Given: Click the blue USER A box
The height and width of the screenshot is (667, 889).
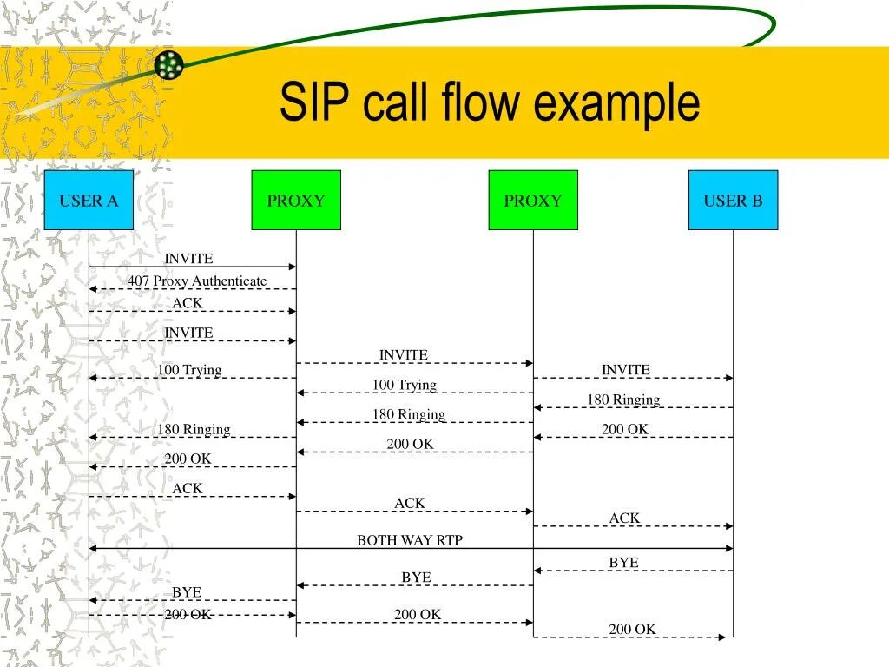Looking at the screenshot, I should coord(89,201).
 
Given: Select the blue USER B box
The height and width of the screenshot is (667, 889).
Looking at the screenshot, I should coord(733,201).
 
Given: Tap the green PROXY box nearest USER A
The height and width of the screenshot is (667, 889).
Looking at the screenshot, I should coord(296,201).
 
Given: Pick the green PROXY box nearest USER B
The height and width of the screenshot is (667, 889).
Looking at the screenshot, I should coord(533,201).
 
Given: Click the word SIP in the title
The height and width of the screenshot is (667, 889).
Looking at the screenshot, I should coord(316,102).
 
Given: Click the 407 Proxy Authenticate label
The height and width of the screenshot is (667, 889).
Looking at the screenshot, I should coord(197,281).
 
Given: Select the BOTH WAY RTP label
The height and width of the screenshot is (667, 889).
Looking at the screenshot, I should coord(410,540).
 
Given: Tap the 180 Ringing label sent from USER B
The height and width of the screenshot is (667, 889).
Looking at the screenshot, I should coord(623,400).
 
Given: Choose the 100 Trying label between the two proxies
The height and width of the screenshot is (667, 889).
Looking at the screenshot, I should coord(405,385).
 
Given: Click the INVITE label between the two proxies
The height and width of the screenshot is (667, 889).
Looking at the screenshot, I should coord(404,355).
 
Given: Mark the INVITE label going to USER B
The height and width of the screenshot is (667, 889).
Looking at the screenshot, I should coord(626,370).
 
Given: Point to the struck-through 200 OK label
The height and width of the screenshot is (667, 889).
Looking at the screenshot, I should coord(188,614).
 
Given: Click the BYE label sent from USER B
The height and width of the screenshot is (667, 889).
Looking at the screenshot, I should coord(623,563).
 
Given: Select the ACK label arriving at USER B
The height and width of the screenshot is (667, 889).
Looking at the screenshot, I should coord(624,518).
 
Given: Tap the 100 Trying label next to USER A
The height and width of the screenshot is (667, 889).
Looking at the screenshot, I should coord(189,370).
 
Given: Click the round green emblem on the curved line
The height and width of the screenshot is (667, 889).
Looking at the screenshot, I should coord(169,63).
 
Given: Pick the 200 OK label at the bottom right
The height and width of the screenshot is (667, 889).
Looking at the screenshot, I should coord(632,630).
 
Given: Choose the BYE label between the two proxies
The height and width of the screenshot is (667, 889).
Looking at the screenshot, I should coord(416,578).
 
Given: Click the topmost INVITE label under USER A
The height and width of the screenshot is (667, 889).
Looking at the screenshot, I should coord(188,259).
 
